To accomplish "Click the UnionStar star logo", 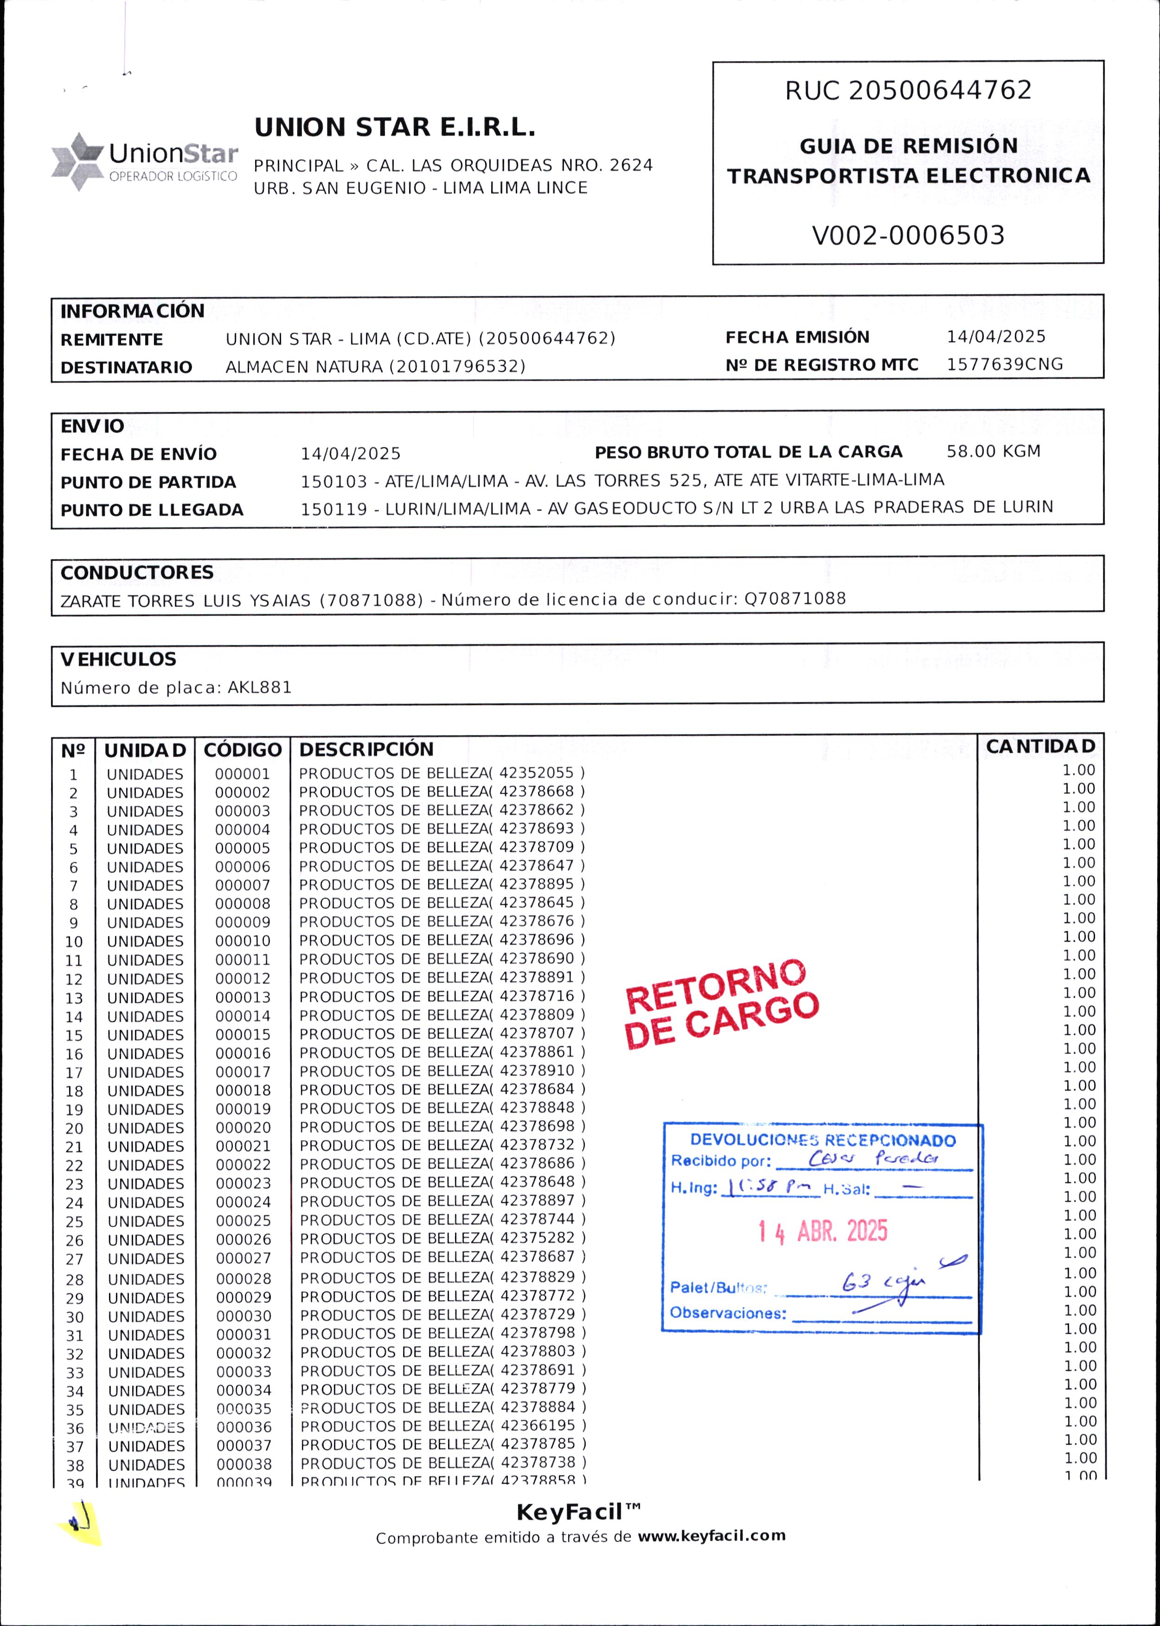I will coord(77,161).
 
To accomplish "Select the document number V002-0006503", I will coord(908,235).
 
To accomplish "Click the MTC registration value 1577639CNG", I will coord(1004,365).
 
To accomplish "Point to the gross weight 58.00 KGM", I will coord(993,452).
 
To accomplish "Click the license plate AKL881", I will coord(260,688).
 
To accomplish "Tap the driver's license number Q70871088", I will coord(795,599).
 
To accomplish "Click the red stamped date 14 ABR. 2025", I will coord(822,1231).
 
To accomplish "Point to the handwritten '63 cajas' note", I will coord(884,1284).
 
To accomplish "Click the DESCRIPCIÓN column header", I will coord(365,749).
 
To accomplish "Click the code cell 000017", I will coord(243,1072).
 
